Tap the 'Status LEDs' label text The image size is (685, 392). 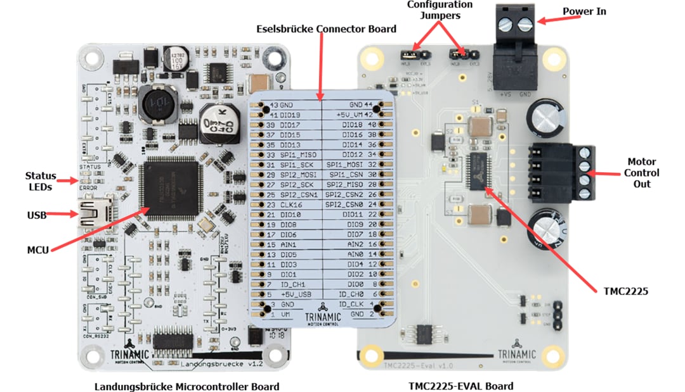point(40,181)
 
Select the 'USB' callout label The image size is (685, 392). point(37,215)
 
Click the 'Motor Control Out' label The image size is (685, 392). point(642,173)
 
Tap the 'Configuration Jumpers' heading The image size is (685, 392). point(440,9)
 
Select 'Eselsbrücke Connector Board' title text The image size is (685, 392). point(326,29)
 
